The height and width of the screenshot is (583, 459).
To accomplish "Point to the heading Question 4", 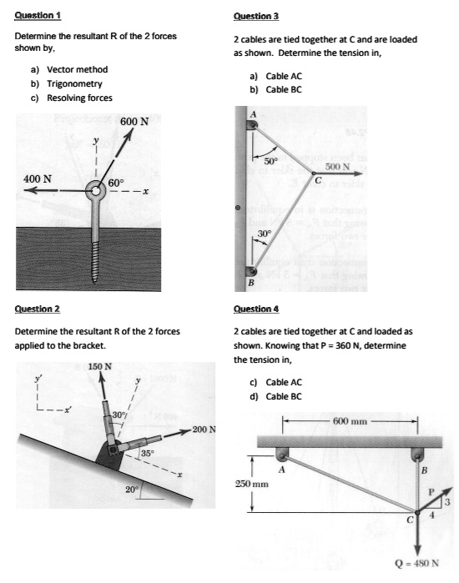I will [256, 309].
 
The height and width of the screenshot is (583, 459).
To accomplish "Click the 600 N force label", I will [134, 122].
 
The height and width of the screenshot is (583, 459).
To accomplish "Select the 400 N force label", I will [37, 178].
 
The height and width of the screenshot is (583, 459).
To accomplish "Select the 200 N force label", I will [204, 430].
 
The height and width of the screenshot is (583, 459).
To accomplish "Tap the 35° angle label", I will [147, 453].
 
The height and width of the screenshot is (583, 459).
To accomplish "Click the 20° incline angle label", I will [130, 490].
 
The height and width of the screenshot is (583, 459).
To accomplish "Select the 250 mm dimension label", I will [251, 484].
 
